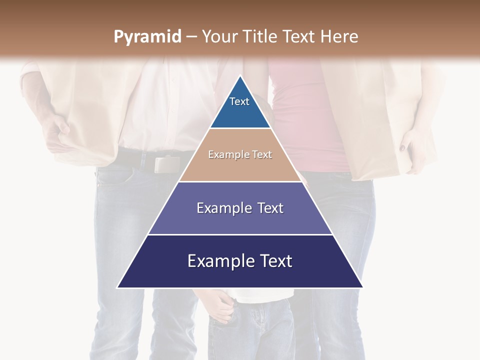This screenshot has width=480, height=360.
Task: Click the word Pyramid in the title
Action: coord(147,37)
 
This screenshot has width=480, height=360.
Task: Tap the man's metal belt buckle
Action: coord(166,164)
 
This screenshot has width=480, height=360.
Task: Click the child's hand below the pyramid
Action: coord(220,306)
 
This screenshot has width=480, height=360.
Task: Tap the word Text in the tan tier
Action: coord(262,154)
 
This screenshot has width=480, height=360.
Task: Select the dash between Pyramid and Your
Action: coord(191,37)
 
